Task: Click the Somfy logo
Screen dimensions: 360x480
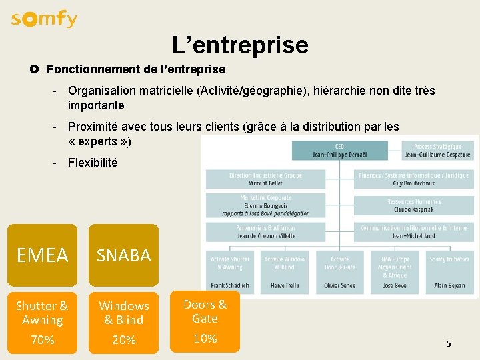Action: (44, 19)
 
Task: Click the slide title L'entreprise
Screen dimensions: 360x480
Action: (240, 45)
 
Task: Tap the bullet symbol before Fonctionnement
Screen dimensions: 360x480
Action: (34, 69)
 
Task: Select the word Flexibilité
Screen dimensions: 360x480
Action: (93, 162)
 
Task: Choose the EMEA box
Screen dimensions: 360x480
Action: (43, 255)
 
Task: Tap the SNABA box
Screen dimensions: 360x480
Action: (124, 255)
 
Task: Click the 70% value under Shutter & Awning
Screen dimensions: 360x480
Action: (43, 340)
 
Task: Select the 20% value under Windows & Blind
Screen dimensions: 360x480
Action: (124, 340)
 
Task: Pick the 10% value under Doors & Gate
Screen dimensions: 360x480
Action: (205, 338)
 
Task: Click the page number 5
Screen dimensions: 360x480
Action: (449, 344)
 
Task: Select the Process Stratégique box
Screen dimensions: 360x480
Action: (437, 151)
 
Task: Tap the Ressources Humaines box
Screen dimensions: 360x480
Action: (414, 205)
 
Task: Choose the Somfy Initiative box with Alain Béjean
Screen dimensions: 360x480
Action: (449, 272)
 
